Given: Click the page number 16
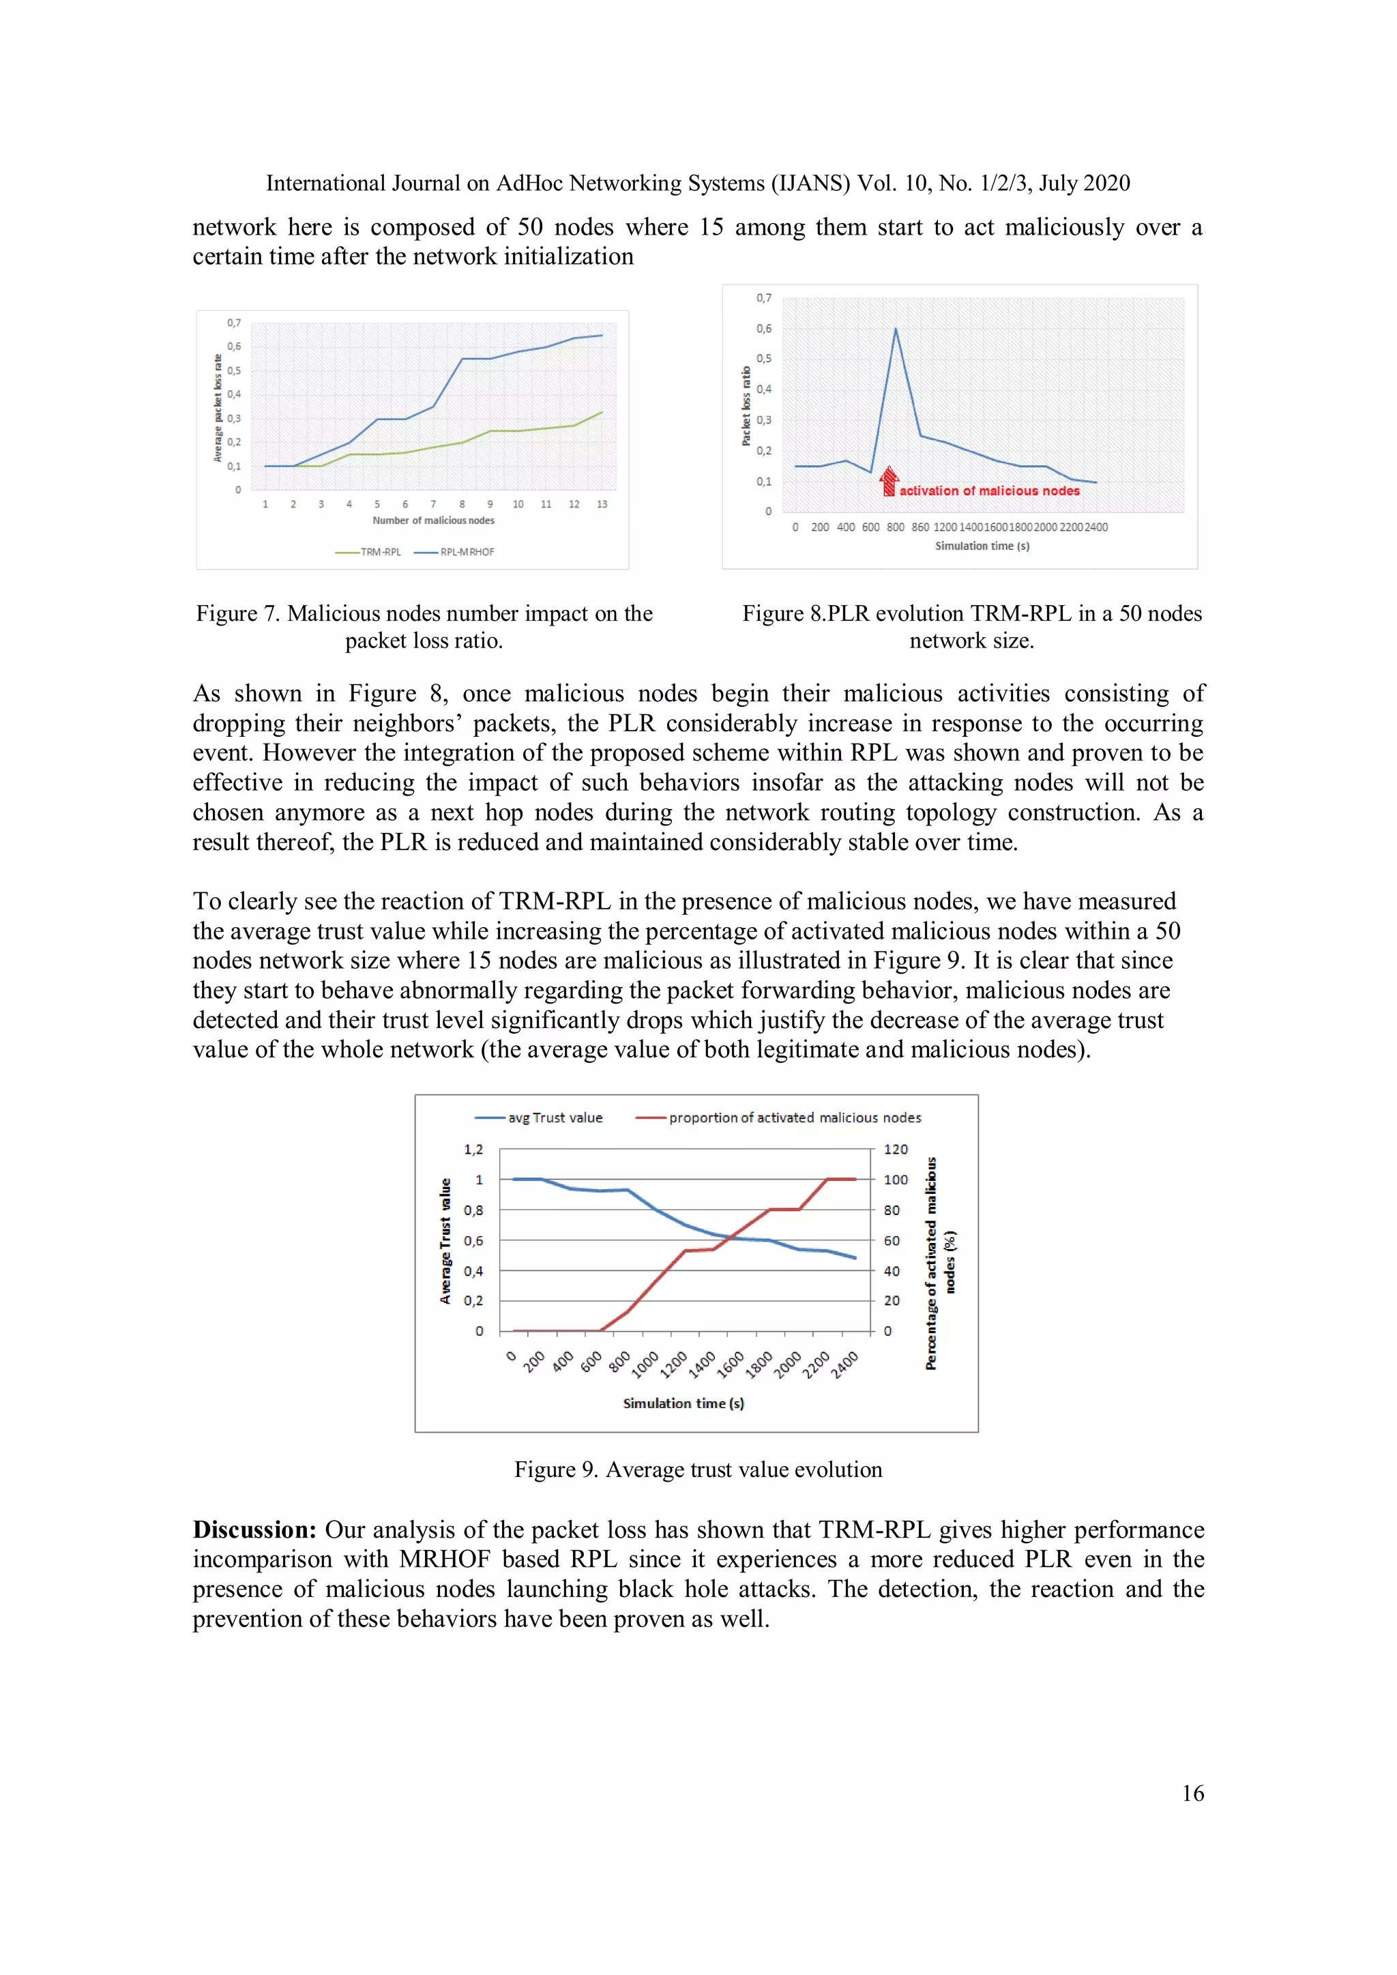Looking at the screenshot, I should pyautogui.click(x=1192, y=1793).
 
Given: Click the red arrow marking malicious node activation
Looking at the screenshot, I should pyautogui.click(x=889, y=481).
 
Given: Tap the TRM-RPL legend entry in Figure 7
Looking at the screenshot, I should pyautogui.click(x=369, y=552).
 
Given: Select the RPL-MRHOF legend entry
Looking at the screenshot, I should pyautogui.click(x=455, y=552).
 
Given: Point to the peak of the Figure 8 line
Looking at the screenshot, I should pyautogui.click(x=896, y=329).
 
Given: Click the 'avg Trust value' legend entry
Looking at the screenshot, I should pyautogui.click(x=540, y=1117).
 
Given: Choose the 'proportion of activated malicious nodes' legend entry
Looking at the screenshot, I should pyautogui.click(x=778, y=1117).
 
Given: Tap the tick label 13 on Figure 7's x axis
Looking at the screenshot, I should pyautogui.click(x=601, y=504).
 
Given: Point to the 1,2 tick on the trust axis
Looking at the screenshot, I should pyautogui.click(x=473, y=1150).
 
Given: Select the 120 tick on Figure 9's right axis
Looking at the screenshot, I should pyautogui.click(x=896, y=1150).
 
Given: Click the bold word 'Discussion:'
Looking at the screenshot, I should pyautogui.click(x=254, y=1530).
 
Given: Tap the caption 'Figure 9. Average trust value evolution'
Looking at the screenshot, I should pyautogui.click(x=698, y=1469).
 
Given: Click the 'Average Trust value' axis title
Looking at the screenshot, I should pyautogui.click(x=445, y=1240).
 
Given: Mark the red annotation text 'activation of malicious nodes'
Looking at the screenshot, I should pyautogui.click(x=989, y=491).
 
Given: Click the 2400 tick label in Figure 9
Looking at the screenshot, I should pyautogui.click(x=844, y=1364).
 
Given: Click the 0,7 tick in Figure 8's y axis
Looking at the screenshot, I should pyautogui.click(x=764, y=297).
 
